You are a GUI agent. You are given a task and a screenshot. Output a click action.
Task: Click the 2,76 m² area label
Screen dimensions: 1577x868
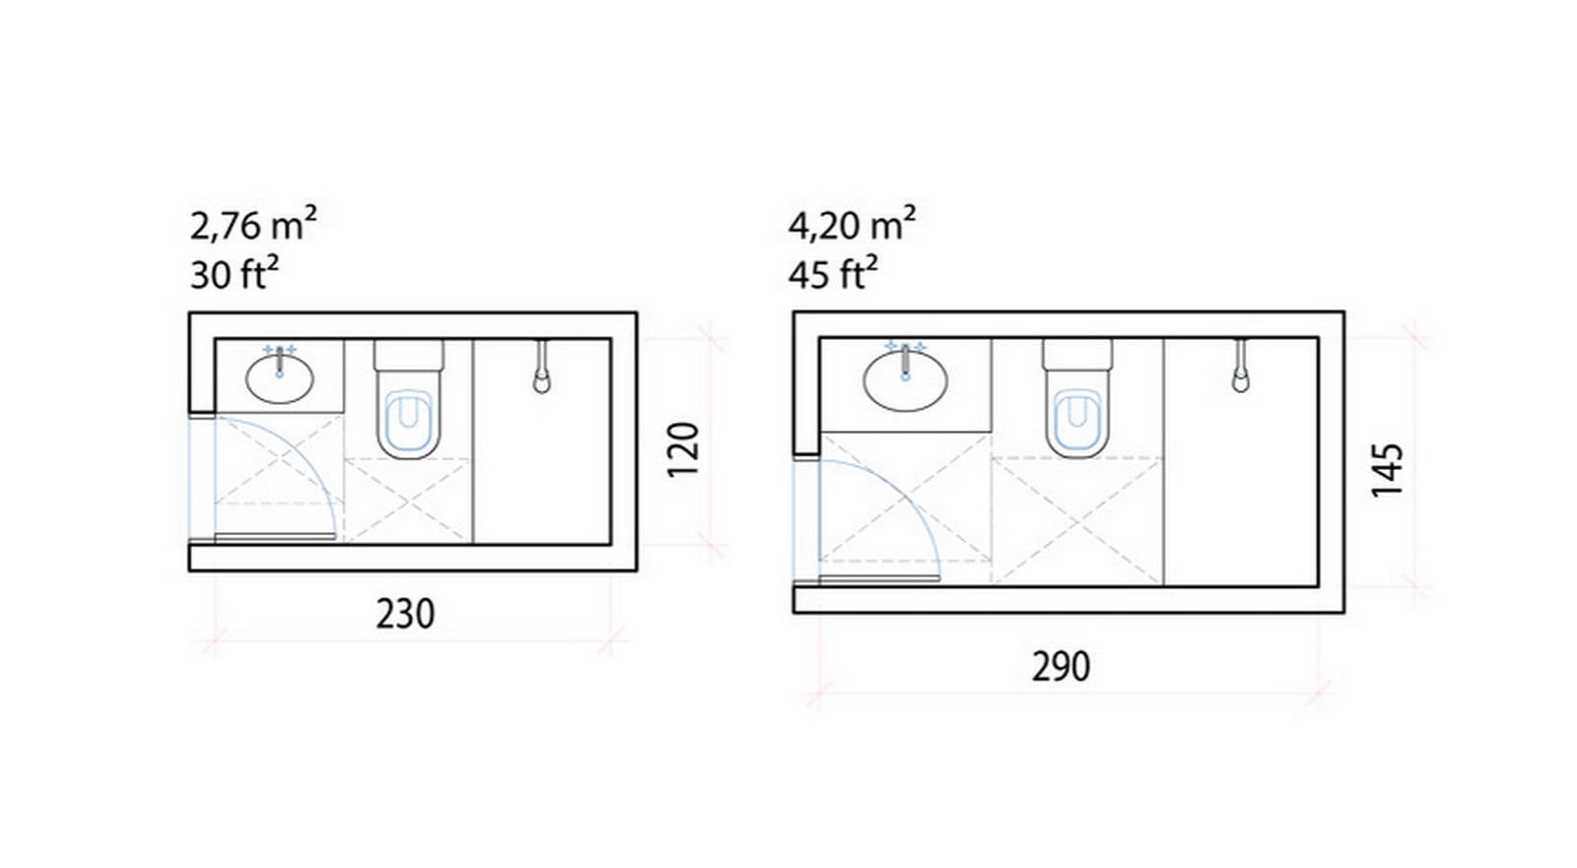(x=253, y=225)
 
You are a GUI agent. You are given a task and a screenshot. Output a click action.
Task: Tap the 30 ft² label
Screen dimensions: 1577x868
(x=235, y=274)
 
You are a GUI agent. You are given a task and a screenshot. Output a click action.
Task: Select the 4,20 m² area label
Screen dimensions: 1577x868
(x=852, y=225)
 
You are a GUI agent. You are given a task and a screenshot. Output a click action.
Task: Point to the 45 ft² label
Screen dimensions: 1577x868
(x=833, y=274)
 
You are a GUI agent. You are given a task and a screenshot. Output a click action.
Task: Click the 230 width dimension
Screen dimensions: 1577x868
(x=405, y=614)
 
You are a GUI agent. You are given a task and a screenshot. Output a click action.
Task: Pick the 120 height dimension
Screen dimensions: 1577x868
(x=682, y=449)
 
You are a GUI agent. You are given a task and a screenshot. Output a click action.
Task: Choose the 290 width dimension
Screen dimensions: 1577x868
(x=1061, y=667)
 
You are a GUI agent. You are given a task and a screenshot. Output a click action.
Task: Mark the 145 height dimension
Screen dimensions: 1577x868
(x=1388, y=470)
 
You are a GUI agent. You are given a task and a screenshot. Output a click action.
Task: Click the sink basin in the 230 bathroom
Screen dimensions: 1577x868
(x=280, y=379)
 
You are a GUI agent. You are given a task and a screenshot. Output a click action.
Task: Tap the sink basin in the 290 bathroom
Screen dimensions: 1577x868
(x=906, y=380)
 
